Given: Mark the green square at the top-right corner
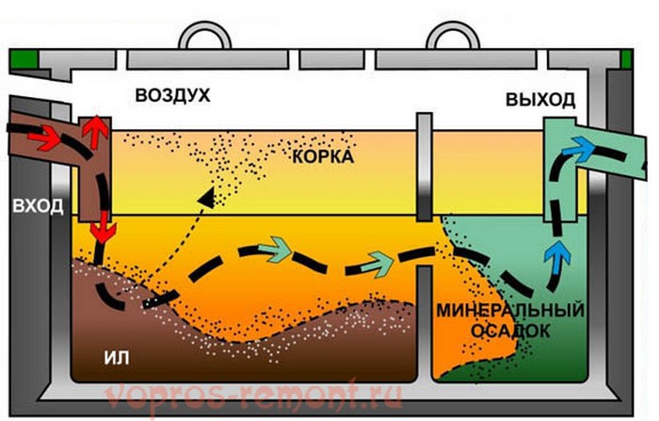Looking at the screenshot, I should click(x=627, y=59).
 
